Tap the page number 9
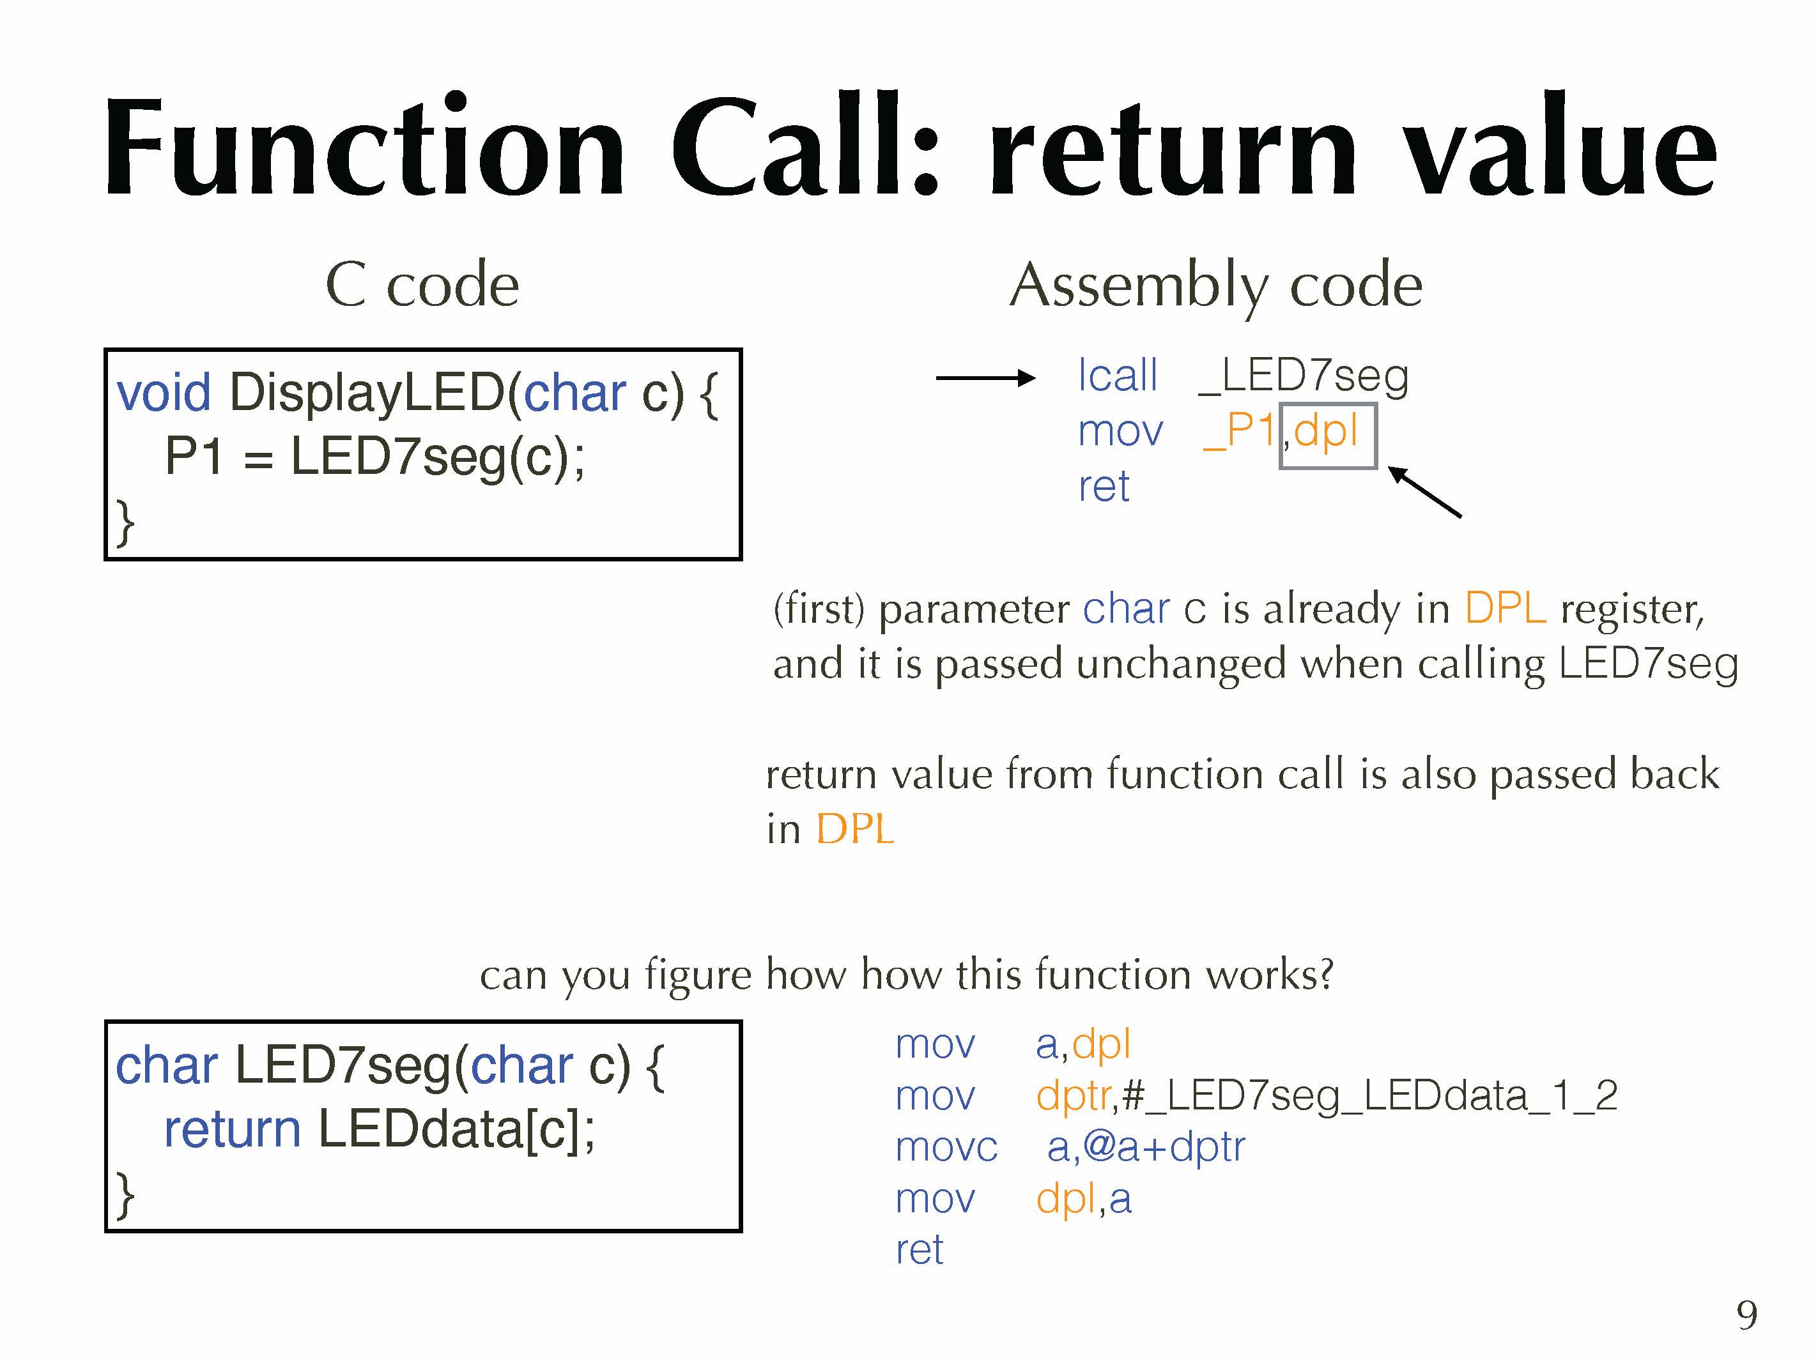pos(1746,1315)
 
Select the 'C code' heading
pos(422,284)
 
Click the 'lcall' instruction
pos(1117,376)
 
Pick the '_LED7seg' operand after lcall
pos(1304,376)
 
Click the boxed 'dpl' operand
pos(1326,430)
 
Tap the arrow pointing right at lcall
pos(985,378)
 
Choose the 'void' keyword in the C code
pos(164,392)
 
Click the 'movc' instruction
pos(946,1147)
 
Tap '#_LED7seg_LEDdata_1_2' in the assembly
pos(1368,1095)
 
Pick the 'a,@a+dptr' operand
pos(1146,1147)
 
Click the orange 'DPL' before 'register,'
pos(1505,609)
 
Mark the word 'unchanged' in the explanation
pos(1180,664)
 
